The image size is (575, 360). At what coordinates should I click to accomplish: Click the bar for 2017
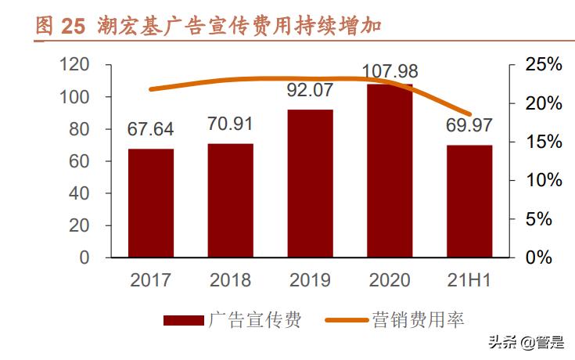pyautogui.click(x=151, y=203)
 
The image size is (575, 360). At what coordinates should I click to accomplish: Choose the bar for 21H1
pyautogui.click(x=469, y=201)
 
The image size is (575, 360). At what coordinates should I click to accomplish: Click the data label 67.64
pyautogui.click(x=151, y=129)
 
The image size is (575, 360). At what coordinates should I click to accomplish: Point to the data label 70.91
pyautogui.click(x=231, y=124)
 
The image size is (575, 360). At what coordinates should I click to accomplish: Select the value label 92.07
pyautogui.click(x=310, y=91)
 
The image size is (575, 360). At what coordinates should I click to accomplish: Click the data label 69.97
pyautogui.click(x=469, y=125)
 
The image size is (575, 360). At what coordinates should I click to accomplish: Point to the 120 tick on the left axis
pyautogui.click(x=76, y=65)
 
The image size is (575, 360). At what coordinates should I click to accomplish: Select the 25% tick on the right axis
pyautogui.click(x=543, y=65)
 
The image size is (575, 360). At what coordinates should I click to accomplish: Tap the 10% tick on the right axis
pyautogui.click(x=543, y=180)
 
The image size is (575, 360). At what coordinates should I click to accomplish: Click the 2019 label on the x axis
pyautogui.click(x=310, y=280)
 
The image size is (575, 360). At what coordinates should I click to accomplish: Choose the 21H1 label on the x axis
pyautogui.click(x=469, y=280)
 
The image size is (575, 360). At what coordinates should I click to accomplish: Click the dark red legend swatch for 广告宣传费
pyautogui.click(x=184, y=320)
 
